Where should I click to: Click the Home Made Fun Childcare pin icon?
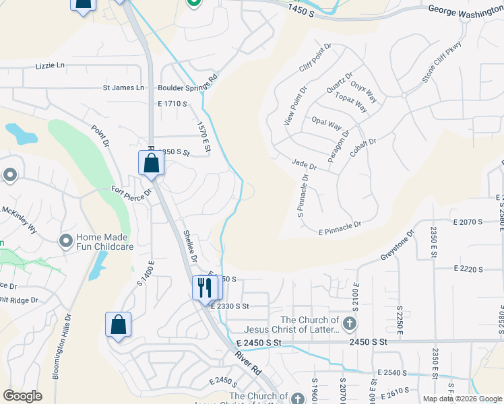[66, 240]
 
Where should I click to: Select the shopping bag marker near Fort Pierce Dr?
[151, 164]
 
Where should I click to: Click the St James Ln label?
[123, 88]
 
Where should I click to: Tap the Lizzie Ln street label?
[51, 66]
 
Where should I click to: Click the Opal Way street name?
[327, 123]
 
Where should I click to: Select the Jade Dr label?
[305, 164]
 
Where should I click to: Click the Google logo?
[22, 396]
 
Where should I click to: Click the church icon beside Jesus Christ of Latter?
[349, 325]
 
